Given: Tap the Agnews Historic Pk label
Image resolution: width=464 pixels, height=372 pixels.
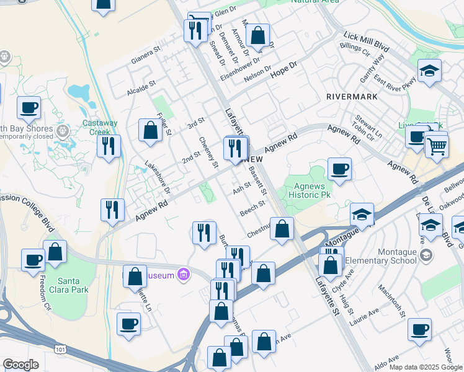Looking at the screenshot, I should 308,190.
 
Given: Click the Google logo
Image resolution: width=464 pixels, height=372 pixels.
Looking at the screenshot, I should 20,365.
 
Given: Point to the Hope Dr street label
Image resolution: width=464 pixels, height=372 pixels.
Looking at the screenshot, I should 284,69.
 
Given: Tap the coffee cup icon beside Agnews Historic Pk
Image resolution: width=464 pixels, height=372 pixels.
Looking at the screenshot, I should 339,169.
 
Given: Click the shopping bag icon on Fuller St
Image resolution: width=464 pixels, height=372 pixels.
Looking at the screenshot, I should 150,130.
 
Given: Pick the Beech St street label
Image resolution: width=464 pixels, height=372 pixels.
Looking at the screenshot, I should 252,208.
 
